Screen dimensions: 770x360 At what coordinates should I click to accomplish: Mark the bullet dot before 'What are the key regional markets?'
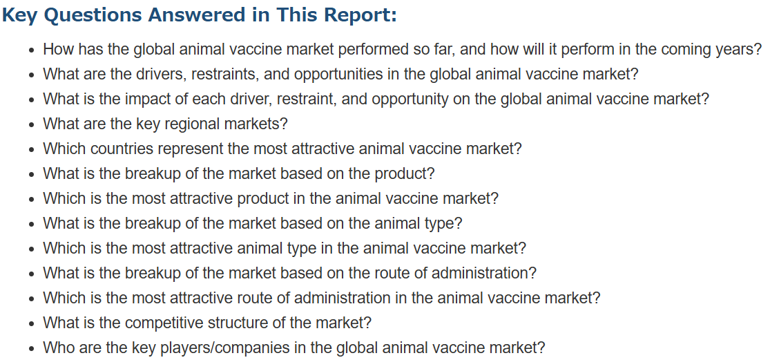point(32,125)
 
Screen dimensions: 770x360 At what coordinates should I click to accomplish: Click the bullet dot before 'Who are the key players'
point(32,349)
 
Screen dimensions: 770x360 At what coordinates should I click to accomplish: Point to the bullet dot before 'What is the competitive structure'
point(32,324)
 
